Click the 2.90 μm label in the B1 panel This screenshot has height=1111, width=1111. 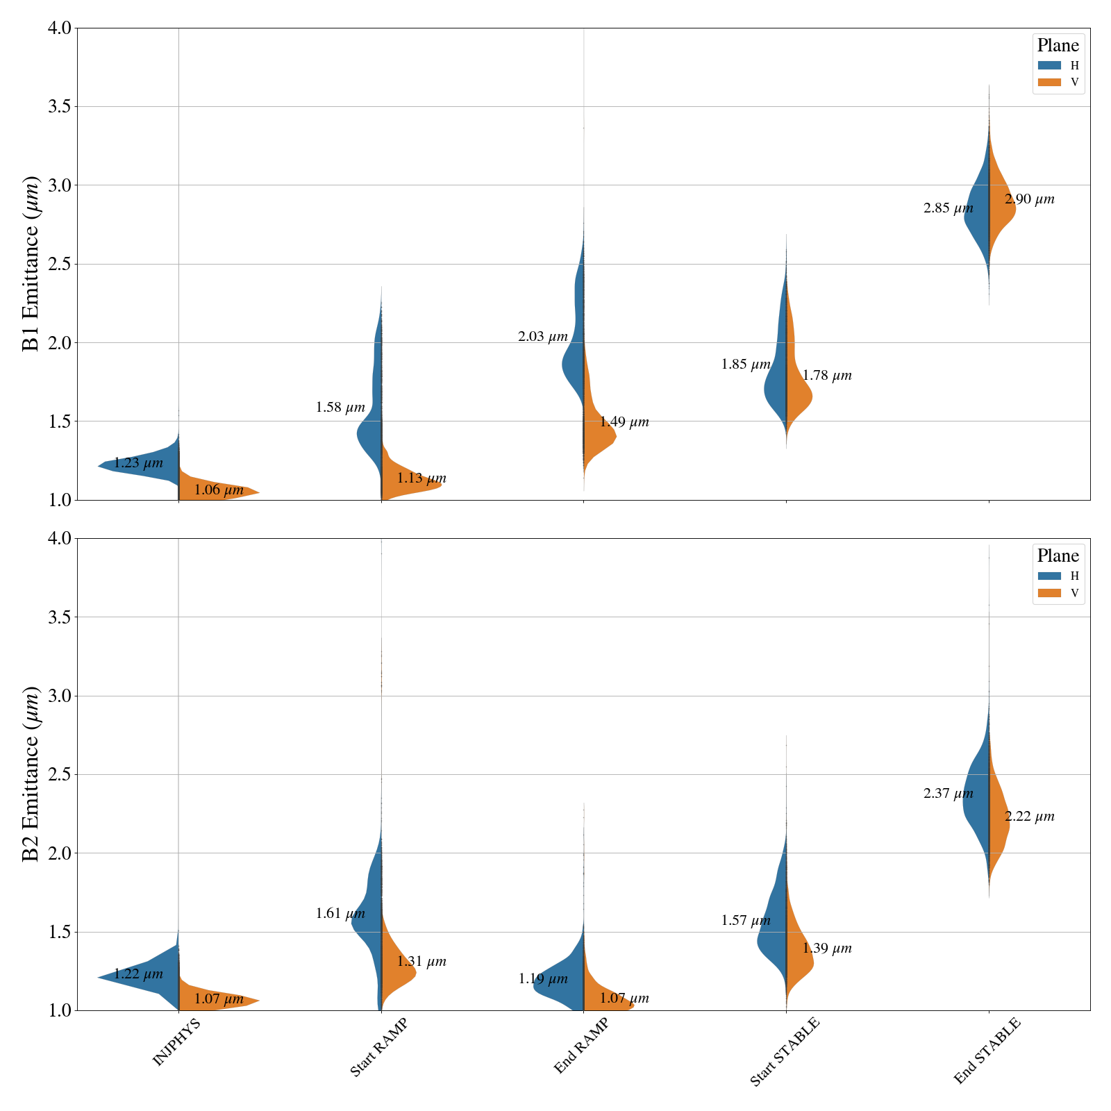click(x=1029, y=200)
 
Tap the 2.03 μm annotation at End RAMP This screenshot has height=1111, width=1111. click(x=543, y=337)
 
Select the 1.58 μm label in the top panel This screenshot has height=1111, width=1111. click(x=340, y=408)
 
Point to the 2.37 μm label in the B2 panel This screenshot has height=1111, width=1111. click(x=949, y=794)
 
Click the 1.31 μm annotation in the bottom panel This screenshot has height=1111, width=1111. click(x=421, y=962)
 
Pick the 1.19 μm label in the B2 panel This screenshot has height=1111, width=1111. click(x=543, y=979)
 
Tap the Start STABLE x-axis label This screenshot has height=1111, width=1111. click(x=785, y=1051)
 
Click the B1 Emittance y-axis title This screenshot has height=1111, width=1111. click(x=32, y=264)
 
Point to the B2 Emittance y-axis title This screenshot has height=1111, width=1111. click(x=32, y=774)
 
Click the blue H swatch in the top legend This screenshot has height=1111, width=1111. click(x=1049, y=65)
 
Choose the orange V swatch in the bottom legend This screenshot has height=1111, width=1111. click(x=1049, y=593)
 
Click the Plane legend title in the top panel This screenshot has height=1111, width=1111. click(x=1058, y=46)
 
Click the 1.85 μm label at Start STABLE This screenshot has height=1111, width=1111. click(x=746, y=365)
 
